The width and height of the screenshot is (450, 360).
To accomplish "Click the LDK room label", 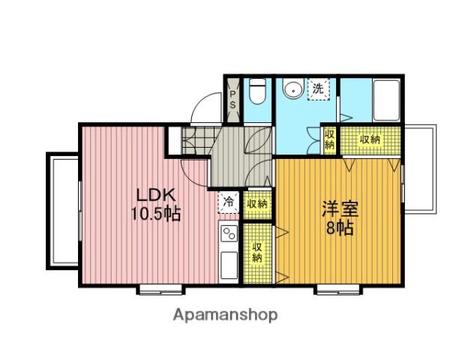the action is (x=156, y=196).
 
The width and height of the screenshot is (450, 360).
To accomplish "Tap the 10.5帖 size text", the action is (x=156, y=214).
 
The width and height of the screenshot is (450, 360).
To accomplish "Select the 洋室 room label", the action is (x=340, y=209).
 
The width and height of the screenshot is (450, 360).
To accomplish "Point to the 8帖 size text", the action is (x=340, y=228).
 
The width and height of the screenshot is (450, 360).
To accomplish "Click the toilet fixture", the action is (x=257, y=91).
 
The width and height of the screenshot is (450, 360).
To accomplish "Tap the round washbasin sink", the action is (x=293, y=90).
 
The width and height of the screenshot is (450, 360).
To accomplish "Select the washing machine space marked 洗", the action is (x=318, y=89).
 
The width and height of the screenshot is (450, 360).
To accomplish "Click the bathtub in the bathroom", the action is (x=386, y=100).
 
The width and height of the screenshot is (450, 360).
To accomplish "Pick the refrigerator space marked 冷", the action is (x=229, y=202).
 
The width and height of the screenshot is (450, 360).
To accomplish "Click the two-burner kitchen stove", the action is (x=229, y=234).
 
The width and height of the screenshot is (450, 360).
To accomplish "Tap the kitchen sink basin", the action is (x=229, y=265).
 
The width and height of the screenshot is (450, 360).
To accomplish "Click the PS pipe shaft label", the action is (x=232, y=99).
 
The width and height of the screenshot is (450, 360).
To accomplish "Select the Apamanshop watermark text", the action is (x=226, y=315).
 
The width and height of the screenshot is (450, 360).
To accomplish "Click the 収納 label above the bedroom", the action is (x=370, y=139).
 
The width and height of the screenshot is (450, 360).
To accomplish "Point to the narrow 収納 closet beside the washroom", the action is (x=330, y=139).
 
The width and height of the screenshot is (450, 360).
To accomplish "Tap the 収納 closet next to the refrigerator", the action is (x=257, y=204).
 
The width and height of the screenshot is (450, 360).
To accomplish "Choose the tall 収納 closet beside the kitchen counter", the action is (x=257, y=253).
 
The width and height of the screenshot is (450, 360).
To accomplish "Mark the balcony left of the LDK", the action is (x=63, y=211).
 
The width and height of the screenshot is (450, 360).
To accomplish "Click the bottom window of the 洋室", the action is (x=338, y=290).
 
